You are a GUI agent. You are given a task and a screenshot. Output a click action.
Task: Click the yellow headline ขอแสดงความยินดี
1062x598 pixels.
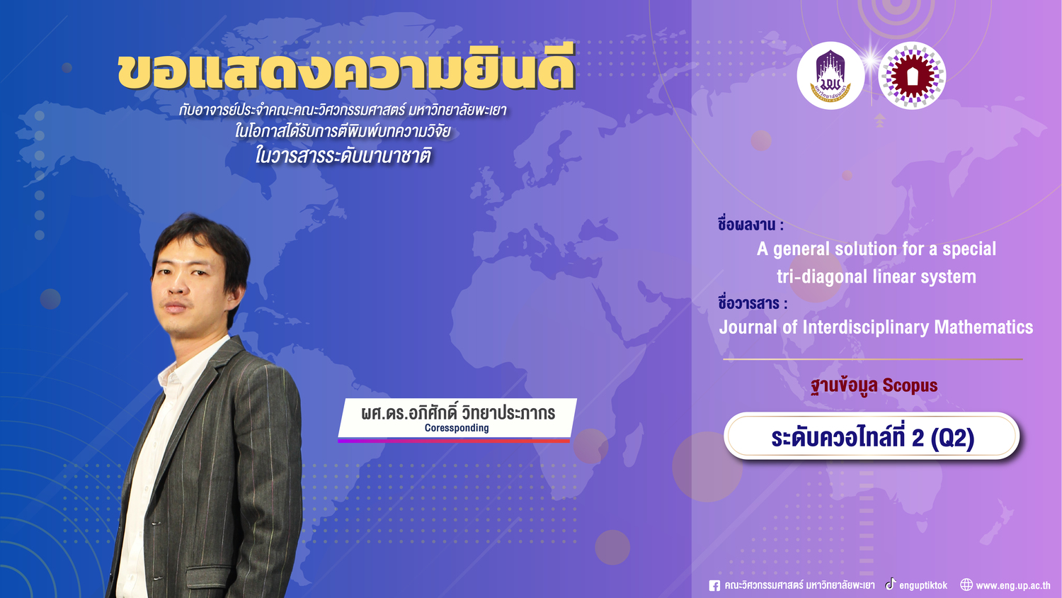tap(346, 71)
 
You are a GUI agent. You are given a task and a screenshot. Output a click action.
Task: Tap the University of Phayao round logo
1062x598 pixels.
tap(830, 76)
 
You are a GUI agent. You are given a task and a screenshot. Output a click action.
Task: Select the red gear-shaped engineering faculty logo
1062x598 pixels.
tap(912, 76)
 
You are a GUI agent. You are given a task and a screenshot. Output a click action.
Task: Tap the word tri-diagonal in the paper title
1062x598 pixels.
tap(822, 277)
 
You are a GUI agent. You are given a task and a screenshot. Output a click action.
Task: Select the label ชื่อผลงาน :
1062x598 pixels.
tap(750, 225)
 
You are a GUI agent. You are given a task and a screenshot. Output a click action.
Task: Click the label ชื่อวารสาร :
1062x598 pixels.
tap(753, 303)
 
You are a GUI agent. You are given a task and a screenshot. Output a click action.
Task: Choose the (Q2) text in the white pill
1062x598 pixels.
tap(952, 438)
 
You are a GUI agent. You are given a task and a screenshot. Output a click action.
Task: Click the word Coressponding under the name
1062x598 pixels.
tap(457, 428)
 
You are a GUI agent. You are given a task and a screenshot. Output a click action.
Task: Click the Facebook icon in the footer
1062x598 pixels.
tap(714, 586)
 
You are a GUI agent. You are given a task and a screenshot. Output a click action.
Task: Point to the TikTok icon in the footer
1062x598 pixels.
tap(891, 584)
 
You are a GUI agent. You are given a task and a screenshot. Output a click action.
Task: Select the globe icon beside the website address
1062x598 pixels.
tap(966, 585)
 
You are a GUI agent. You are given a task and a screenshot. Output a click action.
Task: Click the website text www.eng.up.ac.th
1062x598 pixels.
tap(1012, 586)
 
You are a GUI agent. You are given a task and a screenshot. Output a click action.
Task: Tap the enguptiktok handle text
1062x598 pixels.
tap(923, 586)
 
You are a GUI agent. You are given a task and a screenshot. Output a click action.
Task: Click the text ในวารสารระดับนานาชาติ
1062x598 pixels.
tap(343, 155)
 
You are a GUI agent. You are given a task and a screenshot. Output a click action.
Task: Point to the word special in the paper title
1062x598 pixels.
tap(969, 249)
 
